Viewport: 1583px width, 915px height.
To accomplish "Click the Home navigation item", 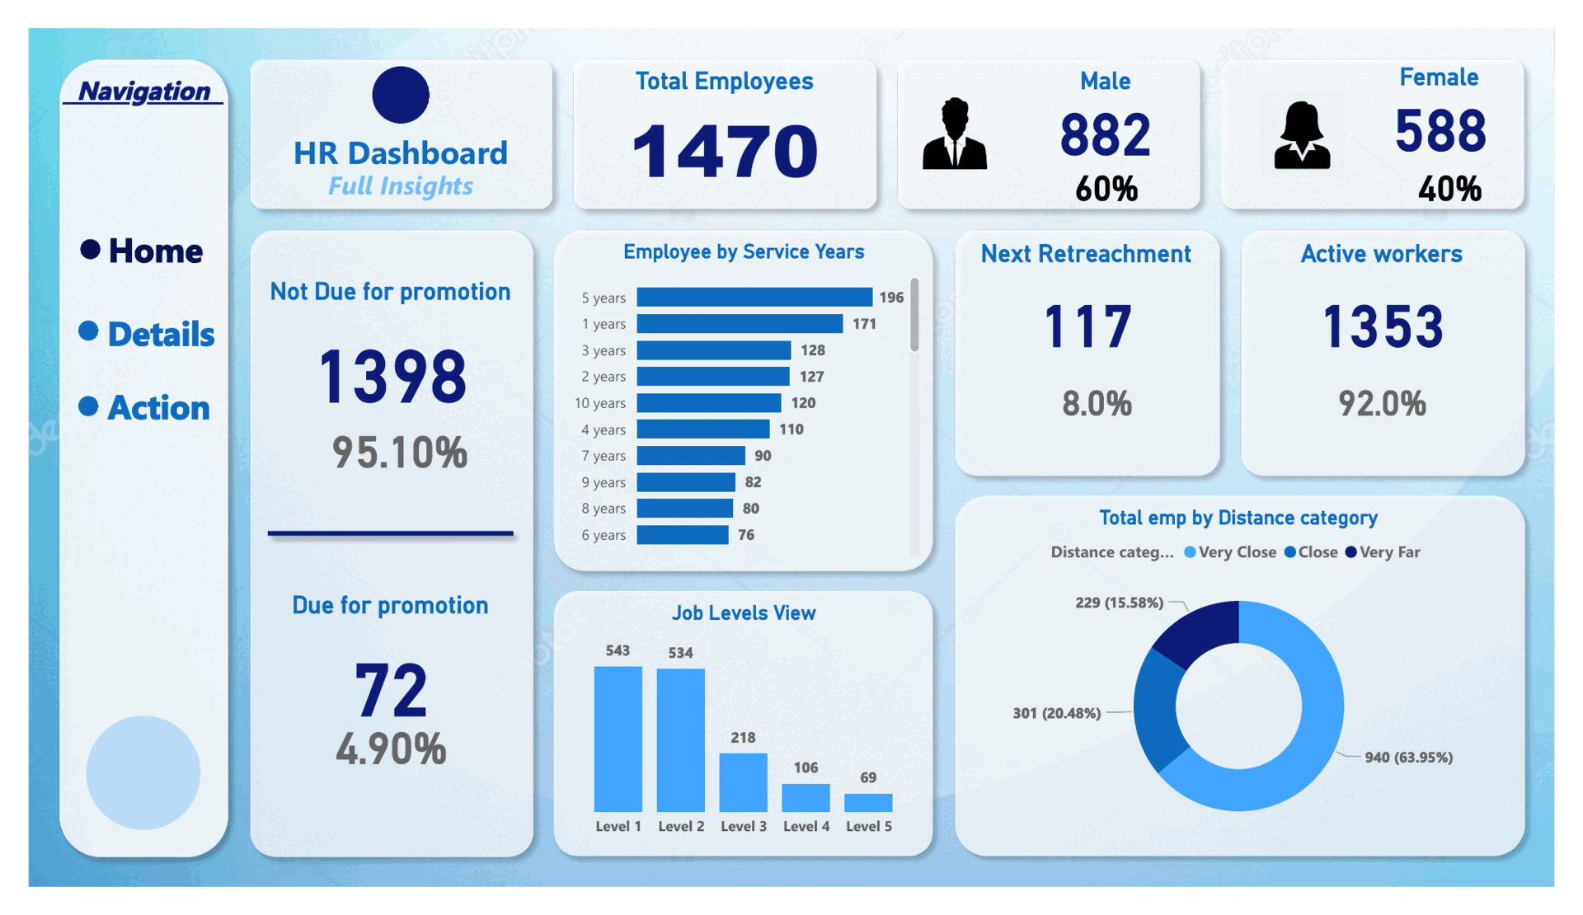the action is pos(142,251).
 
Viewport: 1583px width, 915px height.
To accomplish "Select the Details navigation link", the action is pos(147,334).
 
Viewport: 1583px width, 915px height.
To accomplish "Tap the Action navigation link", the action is pos(144,407).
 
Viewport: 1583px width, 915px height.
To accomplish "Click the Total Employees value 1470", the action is pos(725,151).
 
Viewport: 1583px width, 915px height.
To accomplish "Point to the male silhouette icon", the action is pos(955,134).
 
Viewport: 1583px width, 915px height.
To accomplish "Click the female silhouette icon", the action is pos(1302,135).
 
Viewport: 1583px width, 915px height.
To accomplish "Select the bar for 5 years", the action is pos(754,297).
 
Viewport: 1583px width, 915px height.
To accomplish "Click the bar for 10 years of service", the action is pos(709,402).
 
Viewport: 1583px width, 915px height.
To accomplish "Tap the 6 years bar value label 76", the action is pos(746,535).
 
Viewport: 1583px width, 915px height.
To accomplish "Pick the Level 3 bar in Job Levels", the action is pos(743,782).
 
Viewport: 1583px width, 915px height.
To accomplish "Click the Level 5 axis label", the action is pos(869,826).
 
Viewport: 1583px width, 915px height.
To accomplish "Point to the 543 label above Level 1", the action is pos(618,650).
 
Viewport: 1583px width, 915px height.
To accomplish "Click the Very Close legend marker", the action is pos(1190,552).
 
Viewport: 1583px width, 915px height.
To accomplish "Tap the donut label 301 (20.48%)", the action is pos(1057,713).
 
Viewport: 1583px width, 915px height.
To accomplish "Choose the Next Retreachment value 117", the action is pos(1087,326).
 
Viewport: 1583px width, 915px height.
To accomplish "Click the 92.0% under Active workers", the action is pos(1382,404).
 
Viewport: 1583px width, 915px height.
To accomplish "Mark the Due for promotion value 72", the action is pos(391,690).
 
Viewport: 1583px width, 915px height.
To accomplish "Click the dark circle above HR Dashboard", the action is pos(401,95).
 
